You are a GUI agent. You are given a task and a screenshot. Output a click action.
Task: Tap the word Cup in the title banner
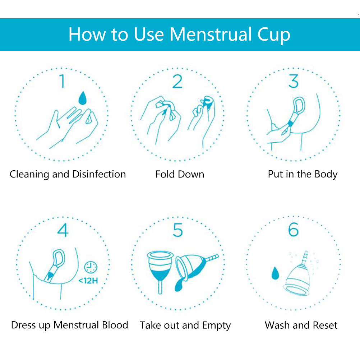pos(274,36)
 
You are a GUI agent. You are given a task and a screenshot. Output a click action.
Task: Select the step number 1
pos(62,81)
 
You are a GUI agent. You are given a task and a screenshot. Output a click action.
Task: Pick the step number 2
pos(177,81)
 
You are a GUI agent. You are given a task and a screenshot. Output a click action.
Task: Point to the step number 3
pos(294,81)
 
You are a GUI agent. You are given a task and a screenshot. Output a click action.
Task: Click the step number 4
pos(63,230)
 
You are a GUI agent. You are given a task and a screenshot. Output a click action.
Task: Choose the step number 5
pos(178,230)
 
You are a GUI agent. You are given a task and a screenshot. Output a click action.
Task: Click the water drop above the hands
pos(82,98)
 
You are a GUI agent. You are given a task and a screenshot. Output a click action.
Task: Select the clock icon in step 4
pos(91,267)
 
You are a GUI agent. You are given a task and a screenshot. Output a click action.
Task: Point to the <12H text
pos(88,281)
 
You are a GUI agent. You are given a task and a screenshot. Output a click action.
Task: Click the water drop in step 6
pos(275,273)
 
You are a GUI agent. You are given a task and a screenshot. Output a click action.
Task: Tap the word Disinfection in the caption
pos(99,174)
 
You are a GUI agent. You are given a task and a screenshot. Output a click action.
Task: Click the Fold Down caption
pos(180,174)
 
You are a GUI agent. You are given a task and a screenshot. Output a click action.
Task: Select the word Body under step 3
pos(326,175)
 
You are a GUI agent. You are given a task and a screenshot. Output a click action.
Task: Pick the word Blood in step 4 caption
pos(115,325)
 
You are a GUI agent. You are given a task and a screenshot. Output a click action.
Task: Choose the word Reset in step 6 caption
pos(325,325)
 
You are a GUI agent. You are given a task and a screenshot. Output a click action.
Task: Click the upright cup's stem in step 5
pos(160,287)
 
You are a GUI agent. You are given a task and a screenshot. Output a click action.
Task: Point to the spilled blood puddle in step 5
pos(179,286)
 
